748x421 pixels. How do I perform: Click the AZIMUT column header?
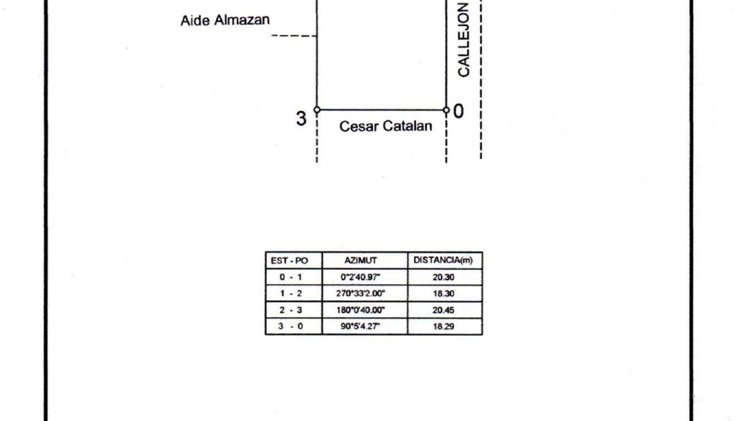pos(360,260)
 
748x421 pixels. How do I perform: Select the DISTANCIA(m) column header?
pos(443,260)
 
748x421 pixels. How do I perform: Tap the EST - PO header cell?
pos(289,260)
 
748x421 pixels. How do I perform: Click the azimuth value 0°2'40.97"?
pos(360,277)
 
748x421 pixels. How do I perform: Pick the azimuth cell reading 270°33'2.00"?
pos(360,294)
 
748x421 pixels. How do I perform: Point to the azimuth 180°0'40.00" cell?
pos(360,310)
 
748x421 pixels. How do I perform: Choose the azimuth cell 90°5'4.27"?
pos(360,326)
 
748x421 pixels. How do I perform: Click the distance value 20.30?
pos(443,277)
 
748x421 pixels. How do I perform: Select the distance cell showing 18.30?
pos(443,294)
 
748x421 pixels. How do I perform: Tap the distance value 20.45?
pos(443,310)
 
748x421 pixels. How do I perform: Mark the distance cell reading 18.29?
pos(443,326)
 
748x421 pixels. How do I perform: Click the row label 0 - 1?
pos(291,277)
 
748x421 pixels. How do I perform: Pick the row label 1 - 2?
pos(291,294)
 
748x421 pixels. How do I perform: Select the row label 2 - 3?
pos(291,310)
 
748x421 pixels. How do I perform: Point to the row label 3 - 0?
pos(291,326)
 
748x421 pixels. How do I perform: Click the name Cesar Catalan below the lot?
pos(386,126)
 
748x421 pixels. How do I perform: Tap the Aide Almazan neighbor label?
pos(225,20)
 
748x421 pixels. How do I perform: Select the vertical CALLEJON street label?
pos(463,40)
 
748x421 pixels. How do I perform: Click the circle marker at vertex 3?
pos(317,110)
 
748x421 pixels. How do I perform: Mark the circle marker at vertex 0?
pos(446,110)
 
